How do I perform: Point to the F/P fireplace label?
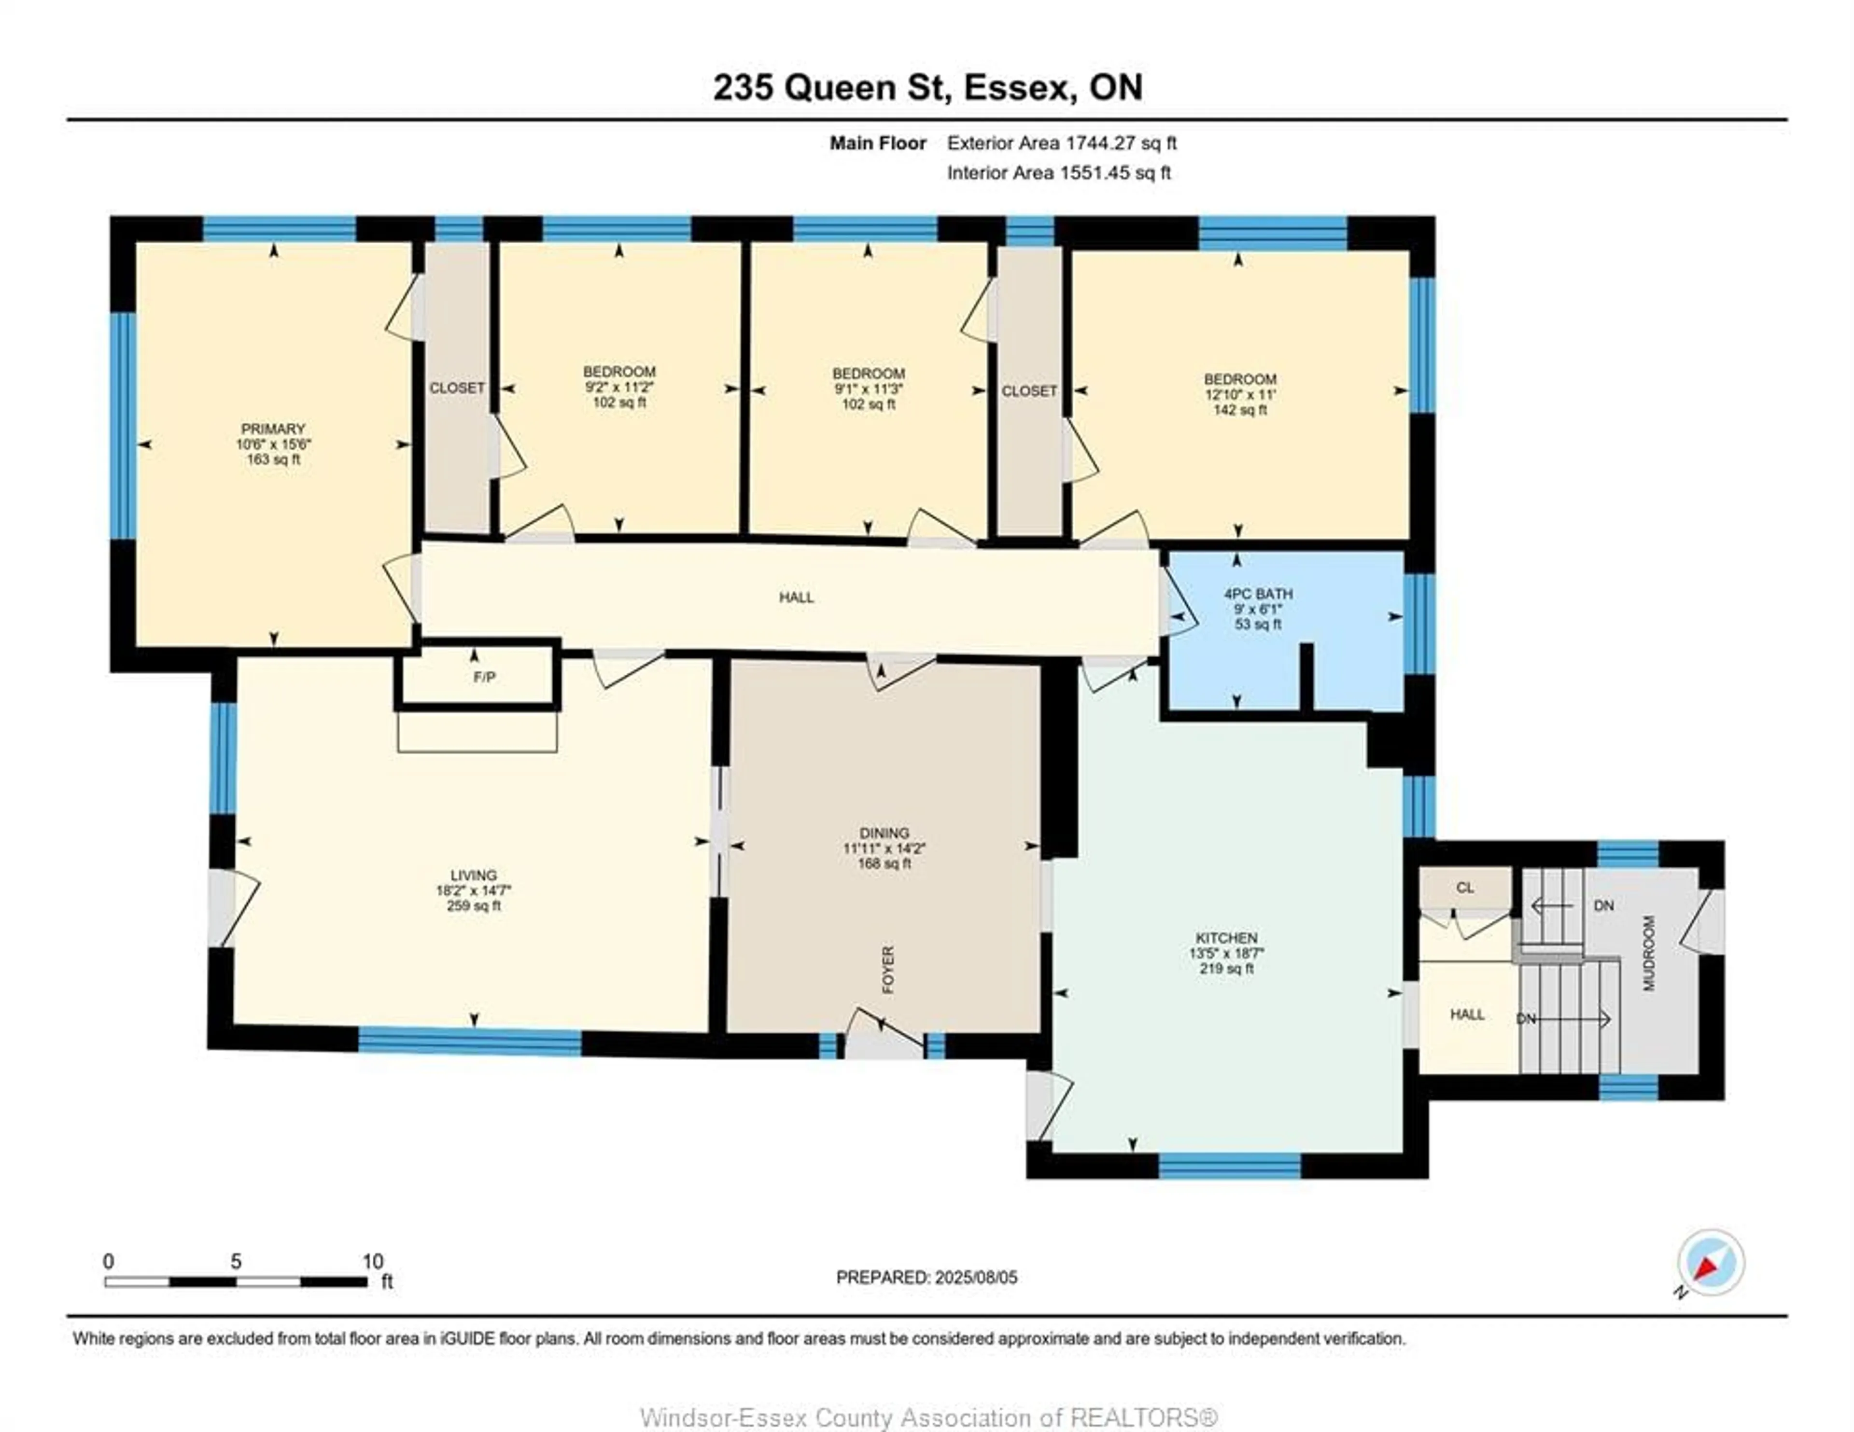click(484, 677)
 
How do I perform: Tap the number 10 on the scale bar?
click(373, 1261)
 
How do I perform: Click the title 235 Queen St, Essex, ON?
click(927, 87)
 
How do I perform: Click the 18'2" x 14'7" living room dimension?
click(474, 890)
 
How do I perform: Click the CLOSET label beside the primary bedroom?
click(457, 388)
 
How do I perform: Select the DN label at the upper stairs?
click(1603, 906)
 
